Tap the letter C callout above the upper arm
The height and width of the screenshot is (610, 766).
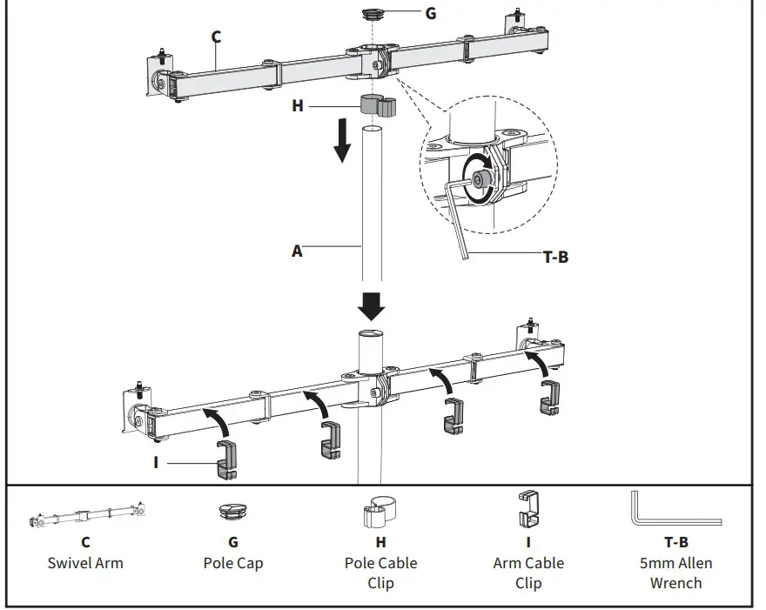216,37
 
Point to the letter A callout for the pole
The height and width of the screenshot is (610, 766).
297,251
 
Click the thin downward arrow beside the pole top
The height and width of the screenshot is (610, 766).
343,141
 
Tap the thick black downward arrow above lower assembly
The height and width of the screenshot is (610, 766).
373,305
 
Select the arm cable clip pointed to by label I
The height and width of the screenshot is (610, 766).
227,458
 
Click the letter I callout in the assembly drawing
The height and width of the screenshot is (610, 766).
156,462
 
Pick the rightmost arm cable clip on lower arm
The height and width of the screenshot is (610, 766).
550,398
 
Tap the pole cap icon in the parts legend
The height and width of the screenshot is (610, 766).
232,513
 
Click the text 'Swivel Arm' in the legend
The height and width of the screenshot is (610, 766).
85,563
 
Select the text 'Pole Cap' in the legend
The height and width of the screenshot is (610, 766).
233,563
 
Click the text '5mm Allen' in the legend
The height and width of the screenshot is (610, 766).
675,563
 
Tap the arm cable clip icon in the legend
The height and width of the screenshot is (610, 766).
527,509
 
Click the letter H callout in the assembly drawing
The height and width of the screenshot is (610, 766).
298,105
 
